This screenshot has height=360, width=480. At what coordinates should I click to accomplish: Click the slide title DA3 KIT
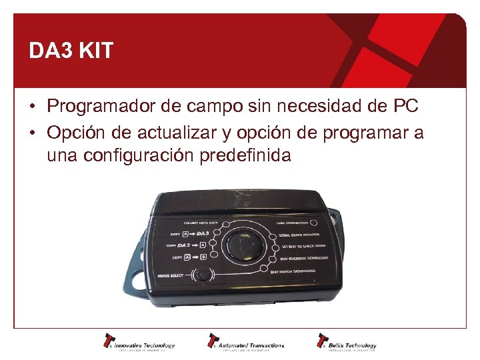coord(71,51)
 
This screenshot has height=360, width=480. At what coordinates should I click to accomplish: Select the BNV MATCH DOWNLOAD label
coord(293,270)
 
